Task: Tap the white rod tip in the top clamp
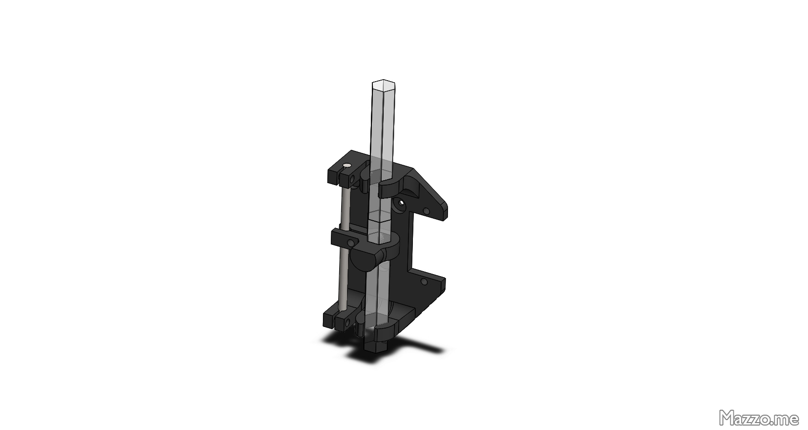348,165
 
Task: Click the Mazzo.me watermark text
759,418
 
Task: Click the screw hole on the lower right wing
423,283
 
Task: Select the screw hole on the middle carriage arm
351,243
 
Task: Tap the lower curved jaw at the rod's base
388,329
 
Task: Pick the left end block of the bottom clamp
330,319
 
